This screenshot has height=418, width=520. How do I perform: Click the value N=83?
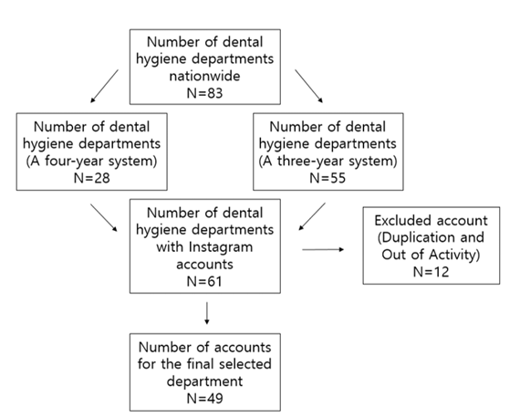(204, 93)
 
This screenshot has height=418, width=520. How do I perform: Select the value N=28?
(91, 178)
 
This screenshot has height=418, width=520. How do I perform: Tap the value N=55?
(328, 178)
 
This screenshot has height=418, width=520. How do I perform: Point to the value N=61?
(204, 281)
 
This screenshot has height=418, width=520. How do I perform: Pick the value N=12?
(432, 272)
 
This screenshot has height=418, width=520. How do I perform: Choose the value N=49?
(204, 398)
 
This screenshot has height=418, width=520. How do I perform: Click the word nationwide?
(204, 76)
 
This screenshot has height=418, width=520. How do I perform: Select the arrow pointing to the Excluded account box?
(323, 249)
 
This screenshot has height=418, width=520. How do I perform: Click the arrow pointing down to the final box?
(207, 313)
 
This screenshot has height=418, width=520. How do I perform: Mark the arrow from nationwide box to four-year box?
(104, 87)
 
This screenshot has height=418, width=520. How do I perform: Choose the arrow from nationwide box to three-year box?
(308, 87)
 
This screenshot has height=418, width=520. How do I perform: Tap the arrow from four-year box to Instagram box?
(104, 217)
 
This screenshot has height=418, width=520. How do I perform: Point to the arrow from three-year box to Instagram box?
(312, 216)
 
